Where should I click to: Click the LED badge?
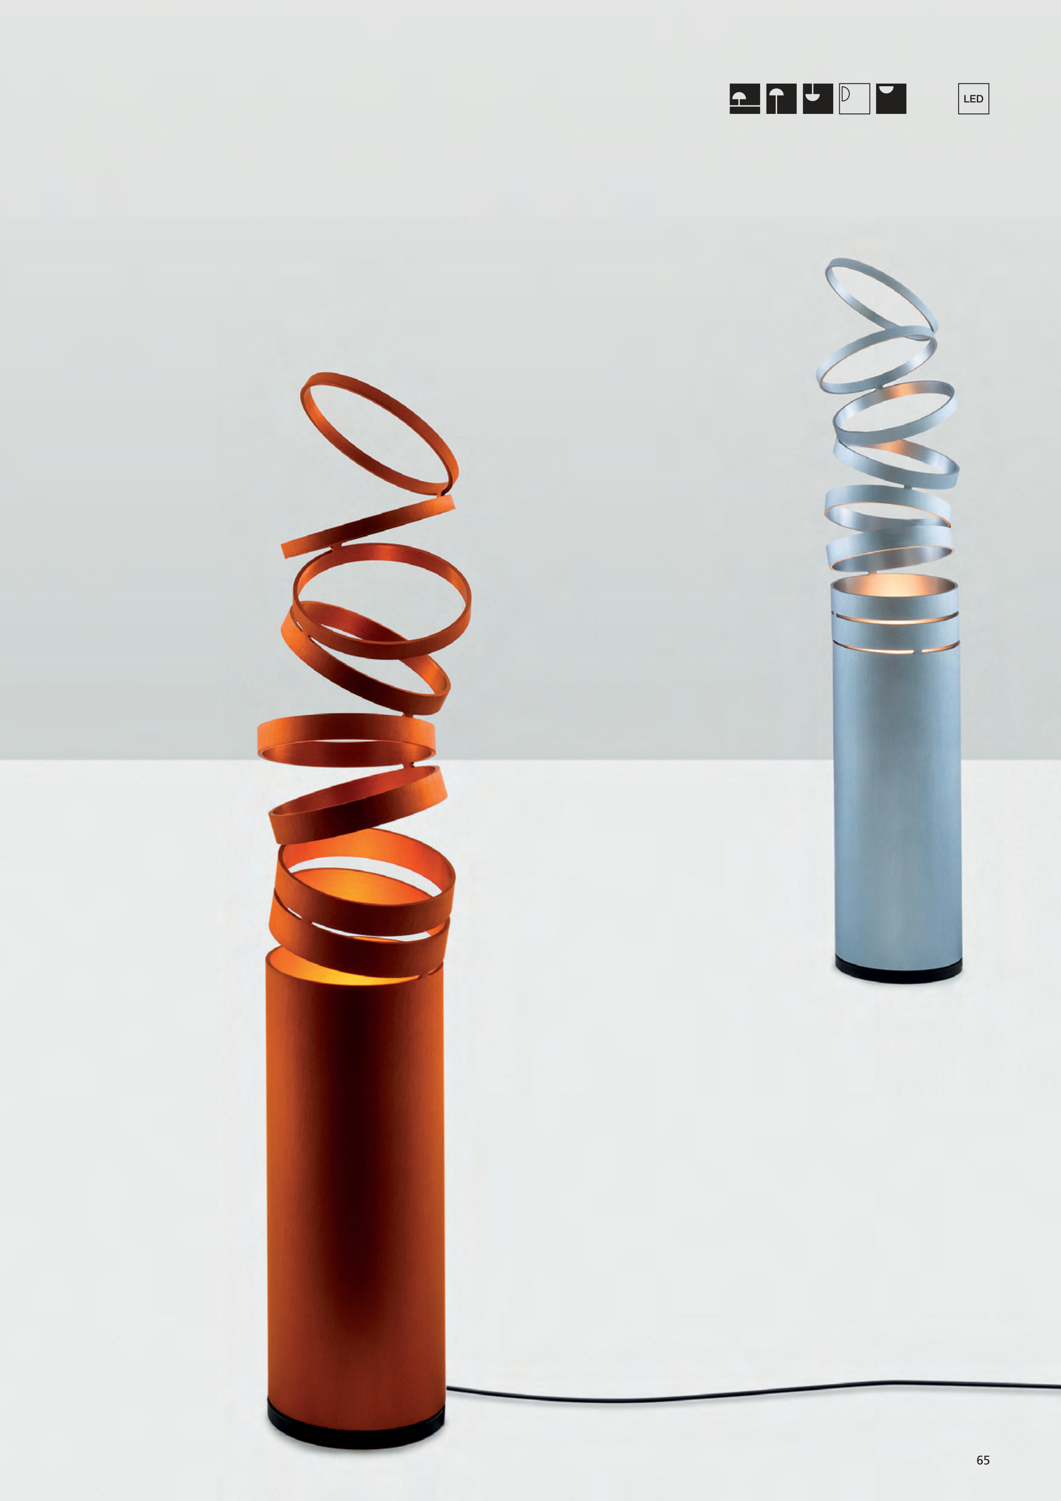pyautogui.click(x=973, y=99)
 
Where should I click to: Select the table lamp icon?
pyautogui.click(x=744, y=99)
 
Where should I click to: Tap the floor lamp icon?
pyautogui.click(x=781, y=99)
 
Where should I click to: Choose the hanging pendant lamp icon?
pyautogui.click(x=818, y=99)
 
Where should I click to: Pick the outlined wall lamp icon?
pyautogui.click(x=854, y=99)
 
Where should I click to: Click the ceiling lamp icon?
pyautogui.click(x=891, y=99)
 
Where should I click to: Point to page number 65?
pyautogui.click(x=982, y=1460)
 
